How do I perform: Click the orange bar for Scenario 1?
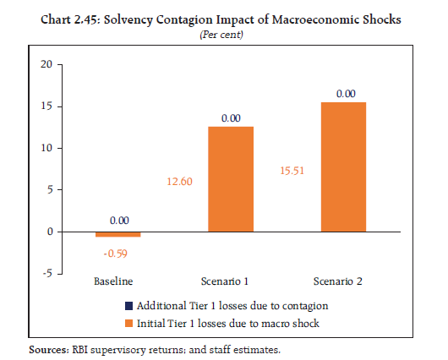click(231, 178)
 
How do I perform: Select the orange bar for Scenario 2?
click(344, 166)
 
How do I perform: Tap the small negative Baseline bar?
click(118, 234)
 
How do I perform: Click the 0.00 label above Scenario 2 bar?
click(345, 94)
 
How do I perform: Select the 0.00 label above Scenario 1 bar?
click(232, 118)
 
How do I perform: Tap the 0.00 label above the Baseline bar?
click(118, 221)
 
